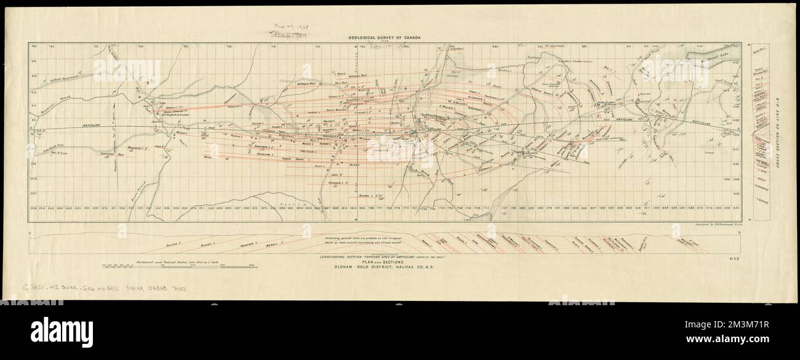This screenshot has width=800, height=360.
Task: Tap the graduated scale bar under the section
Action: point(178,265)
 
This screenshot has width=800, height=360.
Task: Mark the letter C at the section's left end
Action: point(31,234)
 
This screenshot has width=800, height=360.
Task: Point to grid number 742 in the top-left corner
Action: point(34,47)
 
